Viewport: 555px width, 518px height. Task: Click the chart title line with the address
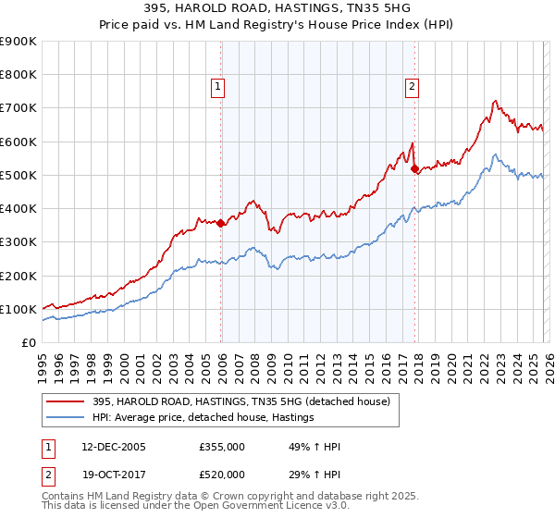pyautogui.click(x=277, y=7)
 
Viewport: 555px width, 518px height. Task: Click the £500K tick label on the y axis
pyautogui.click(x=18, y=175)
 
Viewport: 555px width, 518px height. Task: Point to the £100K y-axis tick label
pyautogui.click(x=18, y=309)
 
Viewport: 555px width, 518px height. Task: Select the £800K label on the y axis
pyautogui.click(x=18, y=75)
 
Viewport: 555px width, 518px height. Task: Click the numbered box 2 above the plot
pyautogui.click(x=413, y=88)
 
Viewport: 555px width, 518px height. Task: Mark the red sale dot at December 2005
pyautogui.click(x=221, y=223)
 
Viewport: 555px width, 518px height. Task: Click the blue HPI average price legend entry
pyautogui.click(x=203, y=418)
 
